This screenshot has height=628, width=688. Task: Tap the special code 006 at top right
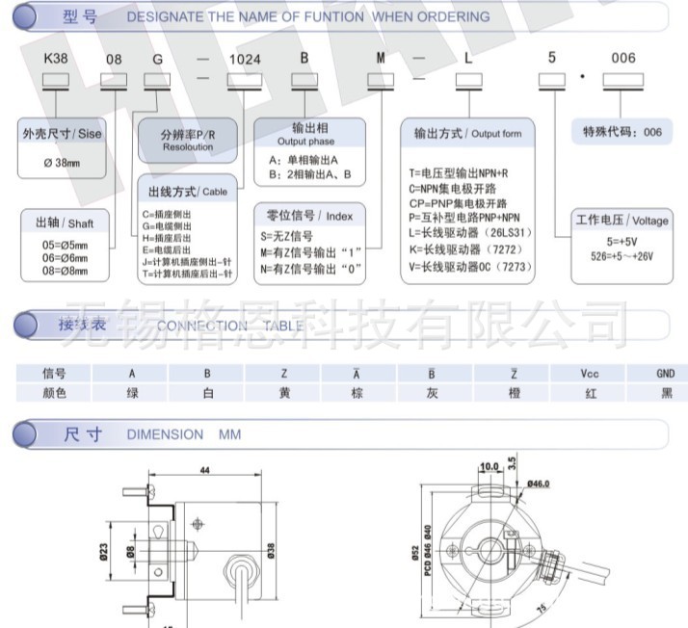pos(623,59)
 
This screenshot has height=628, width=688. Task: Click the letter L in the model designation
pos(468,59)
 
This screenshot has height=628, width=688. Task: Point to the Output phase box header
pos(309,133)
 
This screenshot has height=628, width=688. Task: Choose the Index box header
pos(309,216)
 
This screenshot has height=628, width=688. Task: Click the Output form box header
pos(467,133)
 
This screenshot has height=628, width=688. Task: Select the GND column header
pos(665,374)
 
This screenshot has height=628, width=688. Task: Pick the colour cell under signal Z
pos(283,393)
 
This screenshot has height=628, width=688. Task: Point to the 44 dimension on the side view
pos(204,471)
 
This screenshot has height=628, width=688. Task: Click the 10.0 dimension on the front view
pos(490,467)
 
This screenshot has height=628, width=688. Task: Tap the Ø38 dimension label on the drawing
pos(271,551)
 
